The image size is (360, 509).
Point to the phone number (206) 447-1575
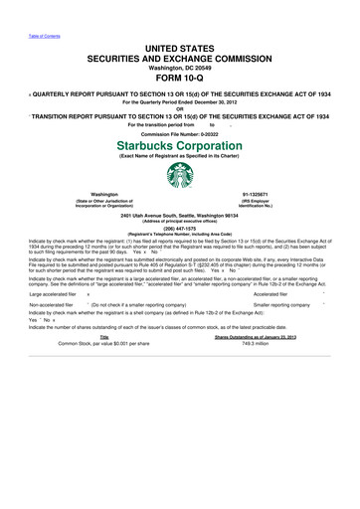[179, 224]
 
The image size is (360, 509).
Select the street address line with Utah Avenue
[179, 214]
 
